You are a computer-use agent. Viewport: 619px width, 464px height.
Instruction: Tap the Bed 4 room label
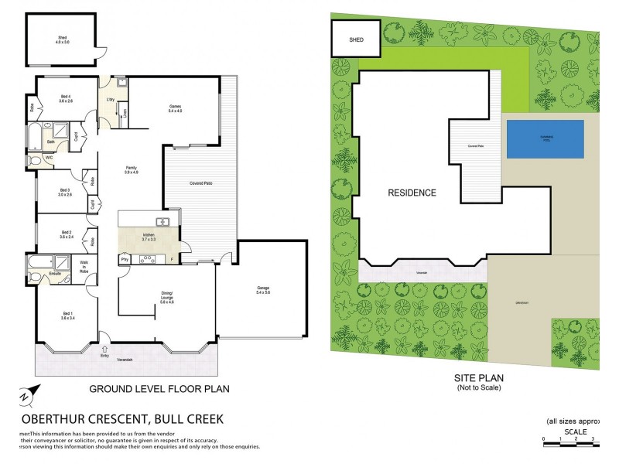(66, 98)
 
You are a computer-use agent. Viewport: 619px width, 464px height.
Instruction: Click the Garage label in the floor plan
(263, 290)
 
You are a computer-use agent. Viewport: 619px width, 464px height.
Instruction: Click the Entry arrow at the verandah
(104, 354)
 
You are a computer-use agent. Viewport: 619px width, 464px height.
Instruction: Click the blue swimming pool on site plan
(545, 138)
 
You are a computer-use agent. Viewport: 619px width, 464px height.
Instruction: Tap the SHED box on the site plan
(356, 38)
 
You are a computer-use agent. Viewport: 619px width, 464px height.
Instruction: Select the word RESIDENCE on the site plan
(412, 193)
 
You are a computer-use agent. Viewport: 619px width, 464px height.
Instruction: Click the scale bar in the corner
(569, 439)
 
